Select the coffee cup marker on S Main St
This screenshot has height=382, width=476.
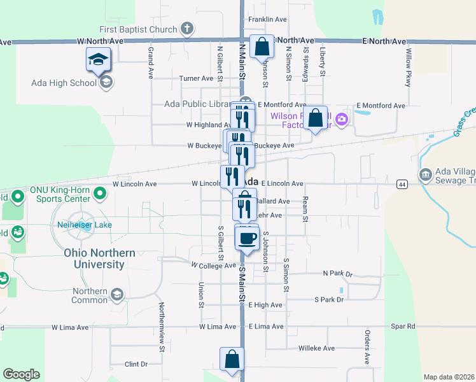(247, 239)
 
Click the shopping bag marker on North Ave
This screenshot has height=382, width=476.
(262, 46)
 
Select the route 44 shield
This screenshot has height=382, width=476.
(402, 184)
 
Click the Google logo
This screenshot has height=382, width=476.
(21, 374)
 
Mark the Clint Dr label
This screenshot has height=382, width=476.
(136, 364)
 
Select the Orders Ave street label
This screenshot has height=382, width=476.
(367, 348)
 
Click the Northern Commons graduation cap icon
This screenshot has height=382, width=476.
(116, 294)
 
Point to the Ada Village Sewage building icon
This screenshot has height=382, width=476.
(424, 174)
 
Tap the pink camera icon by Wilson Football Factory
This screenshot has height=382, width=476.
(342, 119)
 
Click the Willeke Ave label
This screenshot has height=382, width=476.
(316, 348)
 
